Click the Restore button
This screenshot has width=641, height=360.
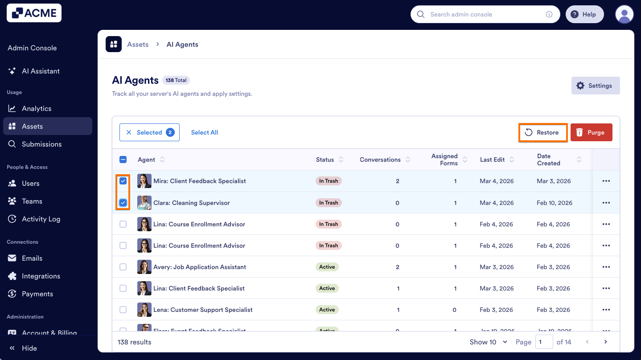543,132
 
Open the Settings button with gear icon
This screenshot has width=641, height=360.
595,86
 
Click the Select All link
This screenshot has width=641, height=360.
205,132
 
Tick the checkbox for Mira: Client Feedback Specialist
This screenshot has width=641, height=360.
123,181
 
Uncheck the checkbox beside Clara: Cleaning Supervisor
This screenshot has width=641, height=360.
123,203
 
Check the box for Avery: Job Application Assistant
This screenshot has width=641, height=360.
123,267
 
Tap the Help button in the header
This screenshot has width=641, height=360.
584,14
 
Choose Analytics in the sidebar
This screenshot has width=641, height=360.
37,108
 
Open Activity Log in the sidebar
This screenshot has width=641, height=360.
41,219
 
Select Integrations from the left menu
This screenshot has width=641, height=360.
41,276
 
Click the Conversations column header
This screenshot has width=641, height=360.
380,160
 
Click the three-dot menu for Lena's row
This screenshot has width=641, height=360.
606,310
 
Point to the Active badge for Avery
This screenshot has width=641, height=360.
327,267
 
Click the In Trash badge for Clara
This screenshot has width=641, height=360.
329,203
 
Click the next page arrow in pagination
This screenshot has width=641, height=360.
605,342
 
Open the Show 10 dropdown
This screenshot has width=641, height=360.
489,342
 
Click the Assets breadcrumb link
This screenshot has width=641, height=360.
138,45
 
